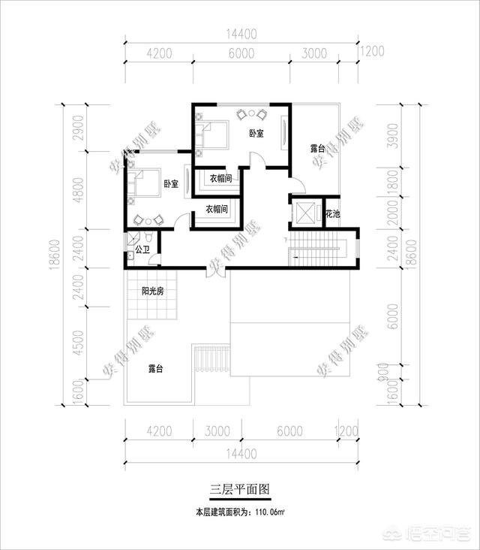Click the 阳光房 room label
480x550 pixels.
point(154,292)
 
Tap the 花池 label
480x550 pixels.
point(332,214)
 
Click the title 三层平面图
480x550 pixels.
point(239,488)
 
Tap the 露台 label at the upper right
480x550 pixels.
point(318,149)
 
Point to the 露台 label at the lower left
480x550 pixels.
point(156,369)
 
